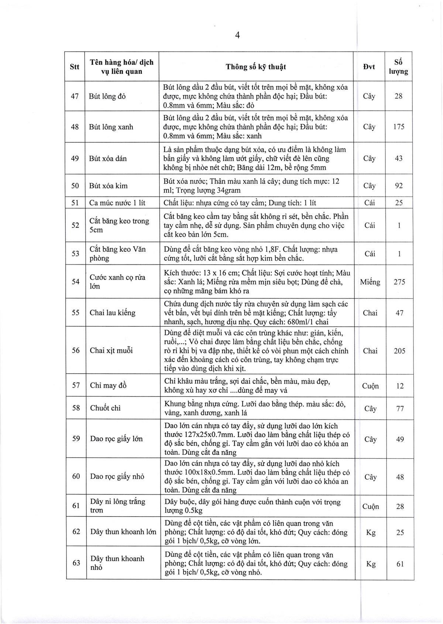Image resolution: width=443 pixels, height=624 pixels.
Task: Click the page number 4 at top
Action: (237, 35)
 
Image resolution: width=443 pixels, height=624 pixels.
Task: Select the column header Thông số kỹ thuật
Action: (255, 67)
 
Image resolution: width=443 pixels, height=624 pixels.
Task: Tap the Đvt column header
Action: (369, 67)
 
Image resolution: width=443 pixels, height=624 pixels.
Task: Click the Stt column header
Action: (75, 67)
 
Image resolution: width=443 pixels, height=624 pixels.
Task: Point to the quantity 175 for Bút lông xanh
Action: (399, 127)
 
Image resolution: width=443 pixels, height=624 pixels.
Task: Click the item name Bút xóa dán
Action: (108, 158)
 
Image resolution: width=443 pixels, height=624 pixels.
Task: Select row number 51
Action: (75, 203)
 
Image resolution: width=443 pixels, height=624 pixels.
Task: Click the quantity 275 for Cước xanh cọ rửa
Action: (399, 282)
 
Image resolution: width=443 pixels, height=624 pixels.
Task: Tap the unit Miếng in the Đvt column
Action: (370, 282)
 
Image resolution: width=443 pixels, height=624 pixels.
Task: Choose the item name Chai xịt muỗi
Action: (111, 350)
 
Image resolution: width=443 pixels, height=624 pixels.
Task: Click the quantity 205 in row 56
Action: (399, 351)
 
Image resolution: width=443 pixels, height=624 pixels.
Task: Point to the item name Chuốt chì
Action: (105, 408)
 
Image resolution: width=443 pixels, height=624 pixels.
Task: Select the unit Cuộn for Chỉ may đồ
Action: (370, 386)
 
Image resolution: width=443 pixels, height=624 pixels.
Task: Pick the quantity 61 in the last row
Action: (400, 564)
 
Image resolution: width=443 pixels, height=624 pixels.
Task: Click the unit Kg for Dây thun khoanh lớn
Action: (371, 532)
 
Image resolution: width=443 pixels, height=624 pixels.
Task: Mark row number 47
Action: (75, 96)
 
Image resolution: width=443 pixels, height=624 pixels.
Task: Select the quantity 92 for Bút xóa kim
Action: (399, 186)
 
